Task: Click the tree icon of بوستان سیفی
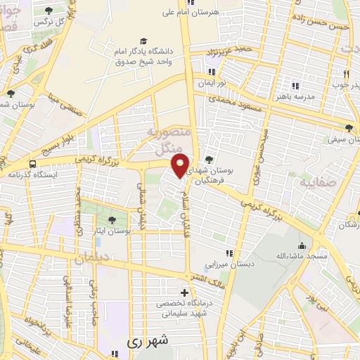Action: coord(350,127)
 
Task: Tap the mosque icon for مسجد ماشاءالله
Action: coord(302,245)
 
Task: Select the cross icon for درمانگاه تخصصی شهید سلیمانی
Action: coord(184,292)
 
